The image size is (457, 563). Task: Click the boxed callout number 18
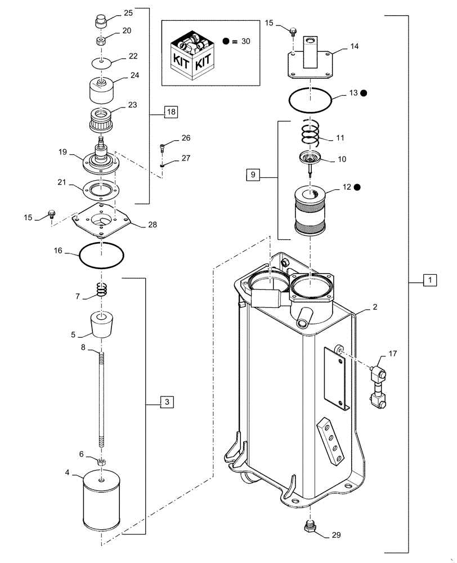[171, 111]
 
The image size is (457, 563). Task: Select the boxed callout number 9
[253, 176]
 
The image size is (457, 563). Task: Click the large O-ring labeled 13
[310, 101]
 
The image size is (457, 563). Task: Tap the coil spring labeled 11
[310, 133]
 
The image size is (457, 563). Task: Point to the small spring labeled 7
[102, 291]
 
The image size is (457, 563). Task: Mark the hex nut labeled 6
[102, 462]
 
